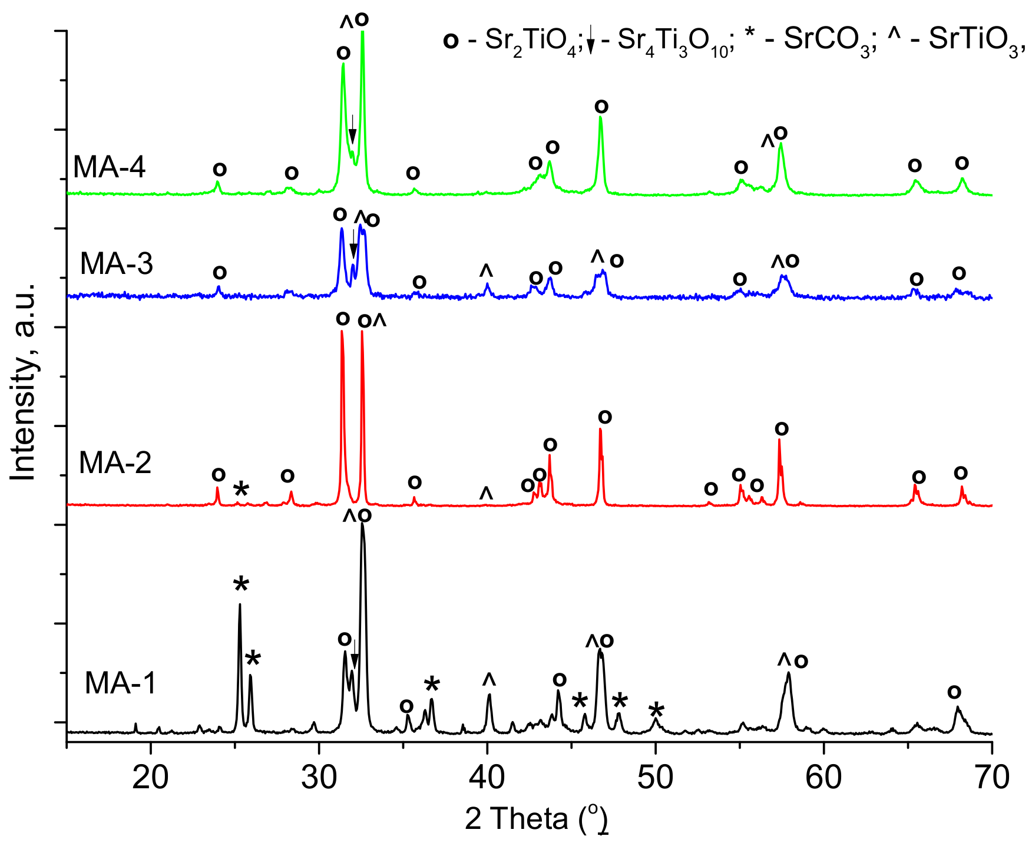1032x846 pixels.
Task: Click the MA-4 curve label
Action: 109,167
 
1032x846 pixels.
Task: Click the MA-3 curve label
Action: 116,263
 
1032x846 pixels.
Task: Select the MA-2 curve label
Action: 115,462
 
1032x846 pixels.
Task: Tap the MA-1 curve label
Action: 120,683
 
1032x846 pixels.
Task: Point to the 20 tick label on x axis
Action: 150,778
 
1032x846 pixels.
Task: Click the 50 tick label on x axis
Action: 656,778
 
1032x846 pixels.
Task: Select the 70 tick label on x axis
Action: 992,778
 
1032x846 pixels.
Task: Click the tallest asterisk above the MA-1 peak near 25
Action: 241,586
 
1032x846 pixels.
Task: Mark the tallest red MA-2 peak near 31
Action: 342,333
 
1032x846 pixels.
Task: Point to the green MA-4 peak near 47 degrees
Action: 600,118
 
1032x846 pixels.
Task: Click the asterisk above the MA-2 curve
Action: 241,489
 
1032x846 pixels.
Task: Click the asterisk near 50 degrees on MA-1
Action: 656,710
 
